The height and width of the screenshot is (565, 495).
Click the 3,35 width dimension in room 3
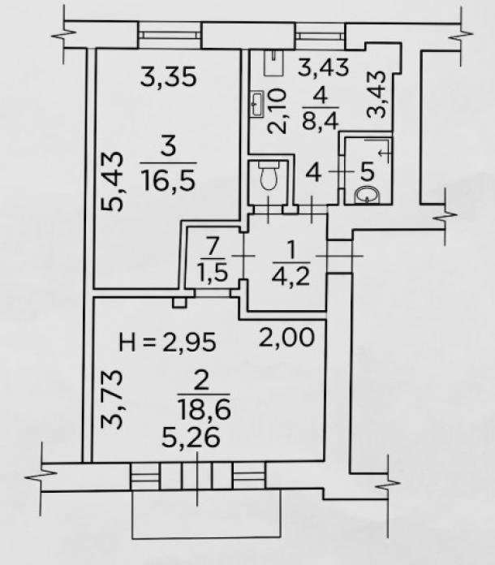pos(169,76)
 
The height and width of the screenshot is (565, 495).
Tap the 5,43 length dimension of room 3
pos(112,181)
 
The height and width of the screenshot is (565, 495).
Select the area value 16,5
pos(168,181)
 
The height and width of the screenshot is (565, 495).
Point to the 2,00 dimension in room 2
pos(286,338)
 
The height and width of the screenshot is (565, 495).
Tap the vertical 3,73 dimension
pos(112,399)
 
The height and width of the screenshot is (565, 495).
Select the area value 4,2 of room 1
pos(291,276)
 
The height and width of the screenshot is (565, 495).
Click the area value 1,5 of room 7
pos(213,273)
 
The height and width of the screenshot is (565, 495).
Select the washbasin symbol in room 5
pos(367,196)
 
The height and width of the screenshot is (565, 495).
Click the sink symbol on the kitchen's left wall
pos(258,103)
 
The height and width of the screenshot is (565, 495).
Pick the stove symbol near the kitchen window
pos(273,63)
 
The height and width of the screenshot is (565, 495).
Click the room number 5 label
pos(368,172)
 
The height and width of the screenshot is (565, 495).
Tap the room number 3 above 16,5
pos(168,148)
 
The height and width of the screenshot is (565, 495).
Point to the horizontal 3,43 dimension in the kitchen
pos(324,67)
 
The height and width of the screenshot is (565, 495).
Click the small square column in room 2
pos(179,302)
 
